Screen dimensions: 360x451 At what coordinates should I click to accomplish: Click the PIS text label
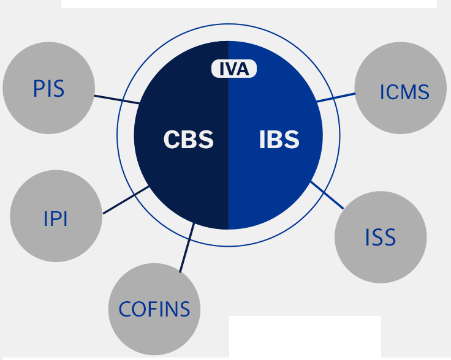pyautogui.click(x=48, y=89)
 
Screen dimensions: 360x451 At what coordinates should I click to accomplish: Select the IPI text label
pyautogui.click(x=56, y=219)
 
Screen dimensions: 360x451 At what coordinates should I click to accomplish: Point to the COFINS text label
pyautogui.click(x=154, y=309)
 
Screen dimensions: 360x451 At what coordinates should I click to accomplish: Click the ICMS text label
pyautogui.click(x=404, y=92)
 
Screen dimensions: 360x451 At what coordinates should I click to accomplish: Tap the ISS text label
pyautogui.click(x=381, y=238)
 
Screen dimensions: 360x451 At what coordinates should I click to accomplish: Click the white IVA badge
pyautogui.click(x=234, y=69)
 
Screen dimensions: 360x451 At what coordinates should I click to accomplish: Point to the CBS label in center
pyautogui.click(x=189, y=140)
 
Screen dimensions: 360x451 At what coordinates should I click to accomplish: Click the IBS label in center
pyautogui.click(x=279, y=140)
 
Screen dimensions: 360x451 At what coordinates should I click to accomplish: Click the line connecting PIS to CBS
pyautogui.click(x=116, y=99)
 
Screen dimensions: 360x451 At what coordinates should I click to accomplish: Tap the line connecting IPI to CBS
pyautogui.click(x=126, y=201)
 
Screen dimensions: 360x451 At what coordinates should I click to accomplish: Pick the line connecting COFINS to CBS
pyautogui.click(x=187, y=247)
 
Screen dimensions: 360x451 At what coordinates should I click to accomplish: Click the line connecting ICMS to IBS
pyautogui.click(x=336, y=97)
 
